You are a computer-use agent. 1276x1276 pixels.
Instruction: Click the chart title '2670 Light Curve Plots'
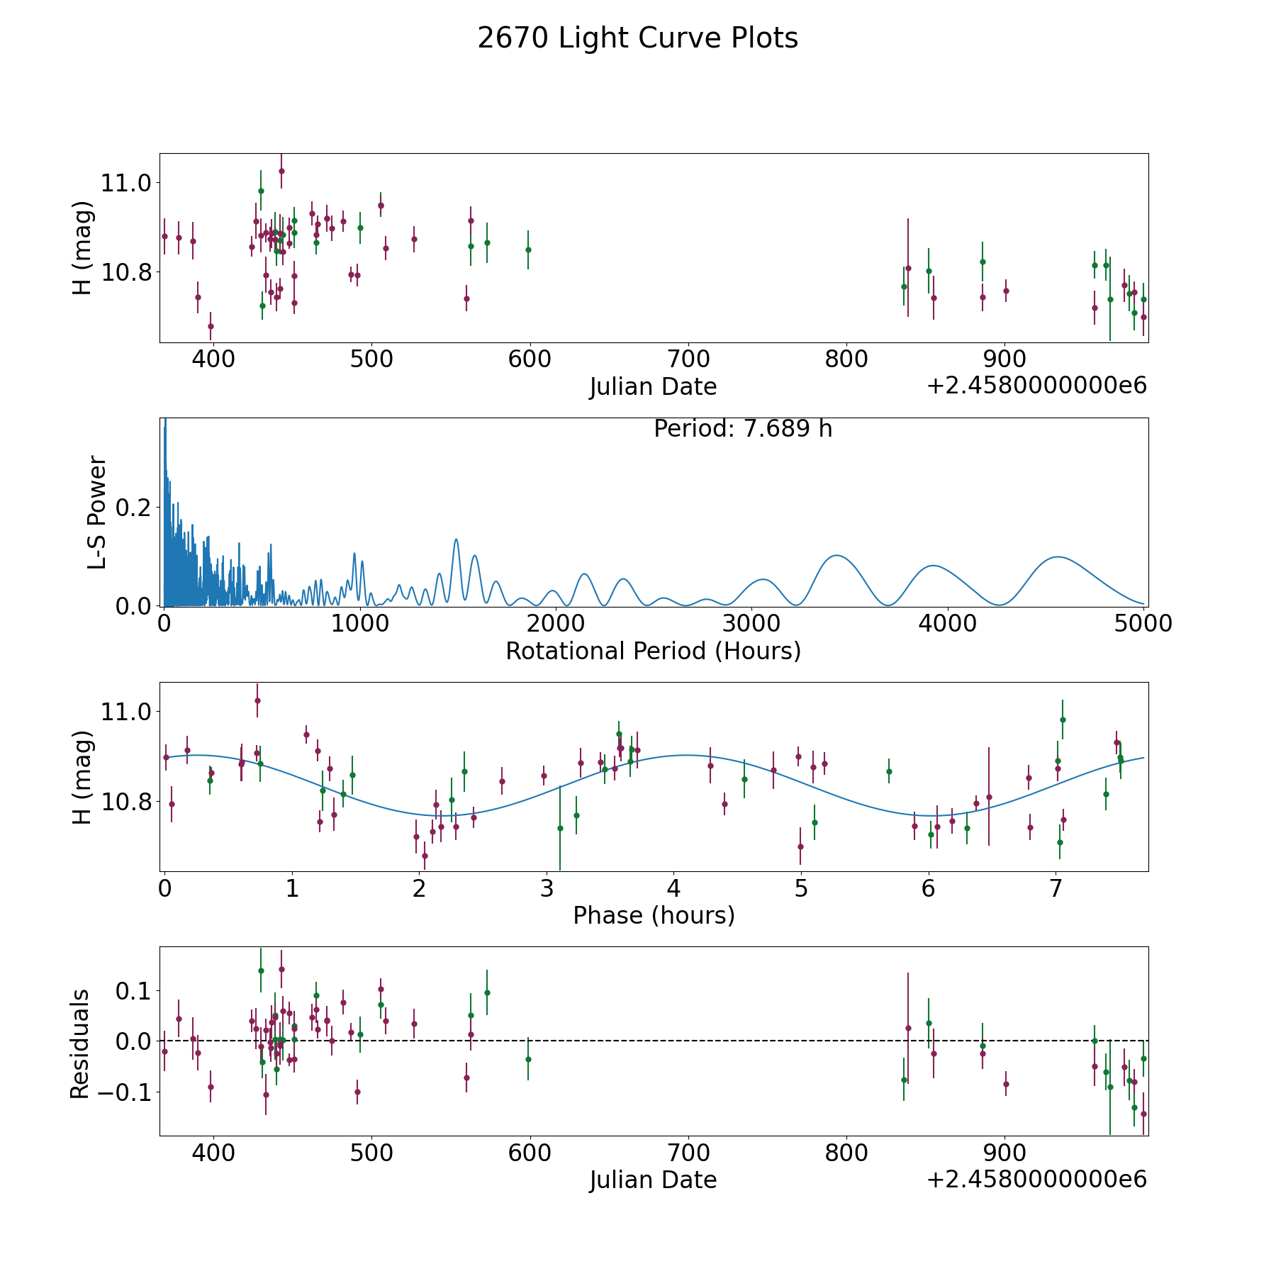coord(637,38)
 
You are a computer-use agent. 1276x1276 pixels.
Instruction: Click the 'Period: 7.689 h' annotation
coord(742,429)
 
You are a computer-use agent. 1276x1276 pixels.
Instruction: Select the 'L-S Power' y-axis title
coord(97,513)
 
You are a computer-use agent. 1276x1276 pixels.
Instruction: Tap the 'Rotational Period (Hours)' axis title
coord(653,651)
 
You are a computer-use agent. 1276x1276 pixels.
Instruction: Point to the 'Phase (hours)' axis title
coord(654,915)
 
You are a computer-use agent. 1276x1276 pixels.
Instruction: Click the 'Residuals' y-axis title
coord(80,1043)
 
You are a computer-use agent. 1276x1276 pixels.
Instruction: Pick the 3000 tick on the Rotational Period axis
coord(751,623)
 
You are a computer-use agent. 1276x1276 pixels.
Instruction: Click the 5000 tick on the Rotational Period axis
coord(1143,623)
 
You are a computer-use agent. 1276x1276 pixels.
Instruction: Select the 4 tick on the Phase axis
coord(673,888)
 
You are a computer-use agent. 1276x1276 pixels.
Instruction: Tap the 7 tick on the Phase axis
coord(1056,888)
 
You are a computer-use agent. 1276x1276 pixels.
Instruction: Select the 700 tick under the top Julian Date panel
coord(688,359)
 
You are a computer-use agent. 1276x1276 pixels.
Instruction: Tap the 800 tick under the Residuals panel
coord(847,1153)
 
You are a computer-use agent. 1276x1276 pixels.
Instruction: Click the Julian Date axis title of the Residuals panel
coord(653,1180)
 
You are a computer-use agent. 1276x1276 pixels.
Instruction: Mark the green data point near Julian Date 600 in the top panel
coord(528,250)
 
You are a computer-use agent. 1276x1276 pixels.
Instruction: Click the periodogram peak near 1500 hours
coord(456,539)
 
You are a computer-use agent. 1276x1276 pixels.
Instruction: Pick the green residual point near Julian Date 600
coord(528,1059)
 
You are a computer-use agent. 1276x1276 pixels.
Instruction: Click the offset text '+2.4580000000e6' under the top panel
coord(1036,386)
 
